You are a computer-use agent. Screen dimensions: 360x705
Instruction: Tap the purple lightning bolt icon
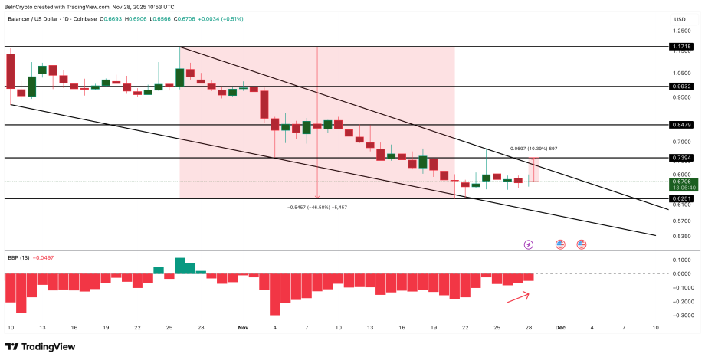tap(528, 244)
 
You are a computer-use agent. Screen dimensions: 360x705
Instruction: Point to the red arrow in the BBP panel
tap(518, 296)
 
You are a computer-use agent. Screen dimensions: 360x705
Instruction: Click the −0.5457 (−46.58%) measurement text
tap(317, 207)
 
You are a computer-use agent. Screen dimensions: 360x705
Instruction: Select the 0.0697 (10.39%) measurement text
tap(533, 149)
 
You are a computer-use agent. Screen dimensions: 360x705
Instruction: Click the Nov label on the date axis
tap(243, 327)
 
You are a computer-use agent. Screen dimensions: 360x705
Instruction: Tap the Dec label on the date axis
tap(559, 327)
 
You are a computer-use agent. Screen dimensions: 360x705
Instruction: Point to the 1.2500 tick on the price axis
tap(680, 31)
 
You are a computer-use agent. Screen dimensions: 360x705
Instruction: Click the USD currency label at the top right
tap(680, 19)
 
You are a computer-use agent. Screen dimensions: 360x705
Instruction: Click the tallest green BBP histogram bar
tap(180, 265)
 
